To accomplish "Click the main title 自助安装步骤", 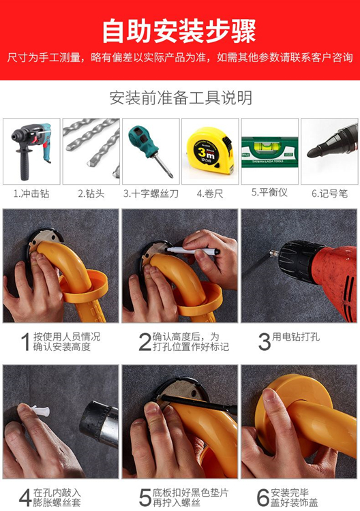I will point(179,31).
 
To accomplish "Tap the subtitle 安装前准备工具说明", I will point(181,97).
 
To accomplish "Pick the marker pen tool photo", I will point(329,147).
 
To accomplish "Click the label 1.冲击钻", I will point(31,193).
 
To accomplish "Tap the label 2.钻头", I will point(91,193).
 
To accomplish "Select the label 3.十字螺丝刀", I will point(151,193).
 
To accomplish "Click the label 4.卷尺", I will point(209,193).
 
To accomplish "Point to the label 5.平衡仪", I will point(269,193).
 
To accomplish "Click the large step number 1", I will point(25,342).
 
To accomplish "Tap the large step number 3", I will point(264,341).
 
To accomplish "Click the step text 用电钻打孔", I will point(297,337).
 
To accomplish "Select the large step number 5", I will point(145,496).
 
